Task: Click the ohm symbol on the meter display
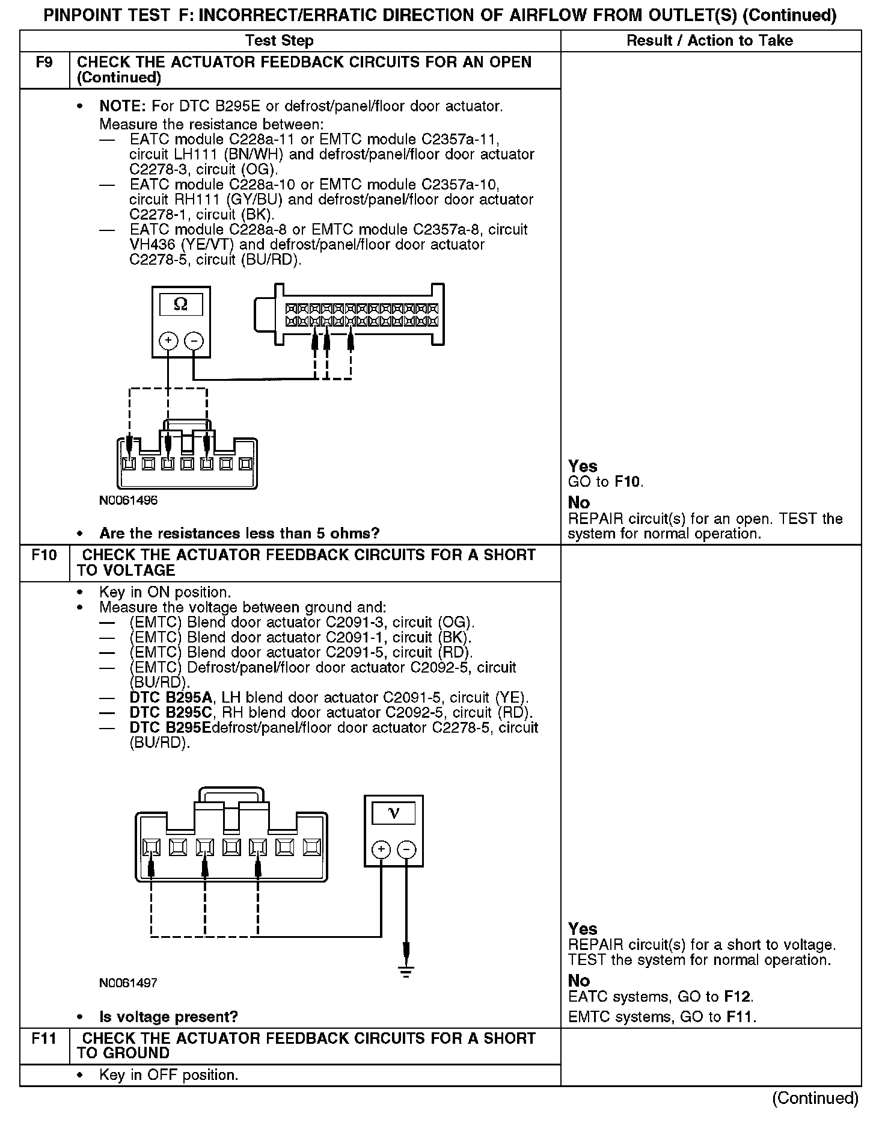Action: point(180,305)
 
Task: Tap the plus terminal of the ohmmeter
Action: point(168,341)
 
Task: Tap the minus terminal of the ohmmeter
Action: point(194,341)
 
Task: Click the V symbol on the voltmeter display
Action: point(394,813)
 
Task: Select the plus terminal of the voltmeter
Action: point(381,849)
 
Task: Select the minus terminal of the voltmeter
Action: point(407,849)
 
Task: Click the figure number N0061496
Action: point(129,501)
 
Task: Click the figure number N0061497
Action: point(129,984)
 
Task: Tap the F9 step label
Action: point(44,63)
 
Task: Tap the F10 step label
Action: point(44,555)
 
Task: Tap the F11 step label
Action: point(44,1038)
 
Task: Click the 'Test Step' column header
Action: point(280,41)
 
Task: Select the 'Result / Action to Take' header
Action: point(709,41)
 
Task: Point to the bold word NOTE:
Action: point(123,106)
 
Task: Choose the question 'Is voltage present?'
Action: point(168,1017)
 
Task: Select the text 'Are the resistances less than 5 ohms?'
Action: point(239,534)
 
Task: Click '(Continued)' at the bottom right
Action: point(815,1098)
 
